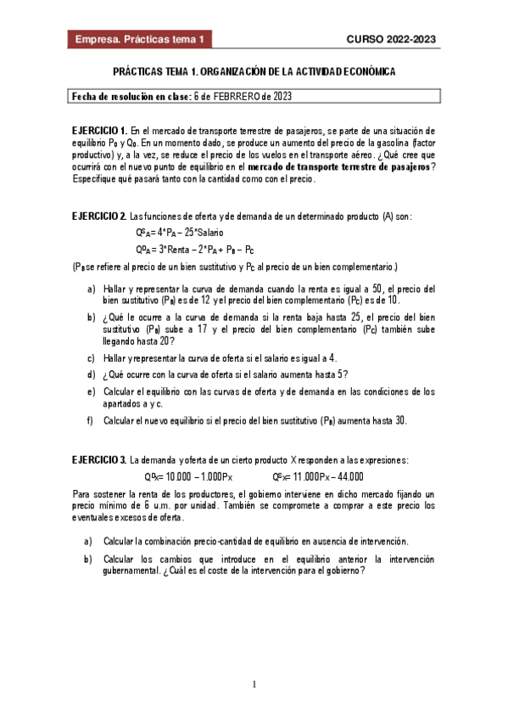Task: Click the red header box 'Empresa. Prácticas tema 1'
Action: pos(140,40)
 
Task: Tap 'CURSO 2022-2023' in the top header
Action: pos(391,40)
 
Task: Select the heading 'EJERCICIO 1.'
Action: pos(100,131)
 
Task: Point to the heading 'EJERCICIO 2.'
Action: pos(100,217)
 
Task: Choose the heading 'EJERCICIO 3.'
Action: pos(100,459)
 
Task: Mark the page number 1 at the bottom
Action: pos(254,684)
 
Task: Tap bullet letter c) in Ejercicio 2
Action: pos(91,358)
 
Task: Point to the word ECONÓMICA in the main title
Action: pos(366,73)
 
